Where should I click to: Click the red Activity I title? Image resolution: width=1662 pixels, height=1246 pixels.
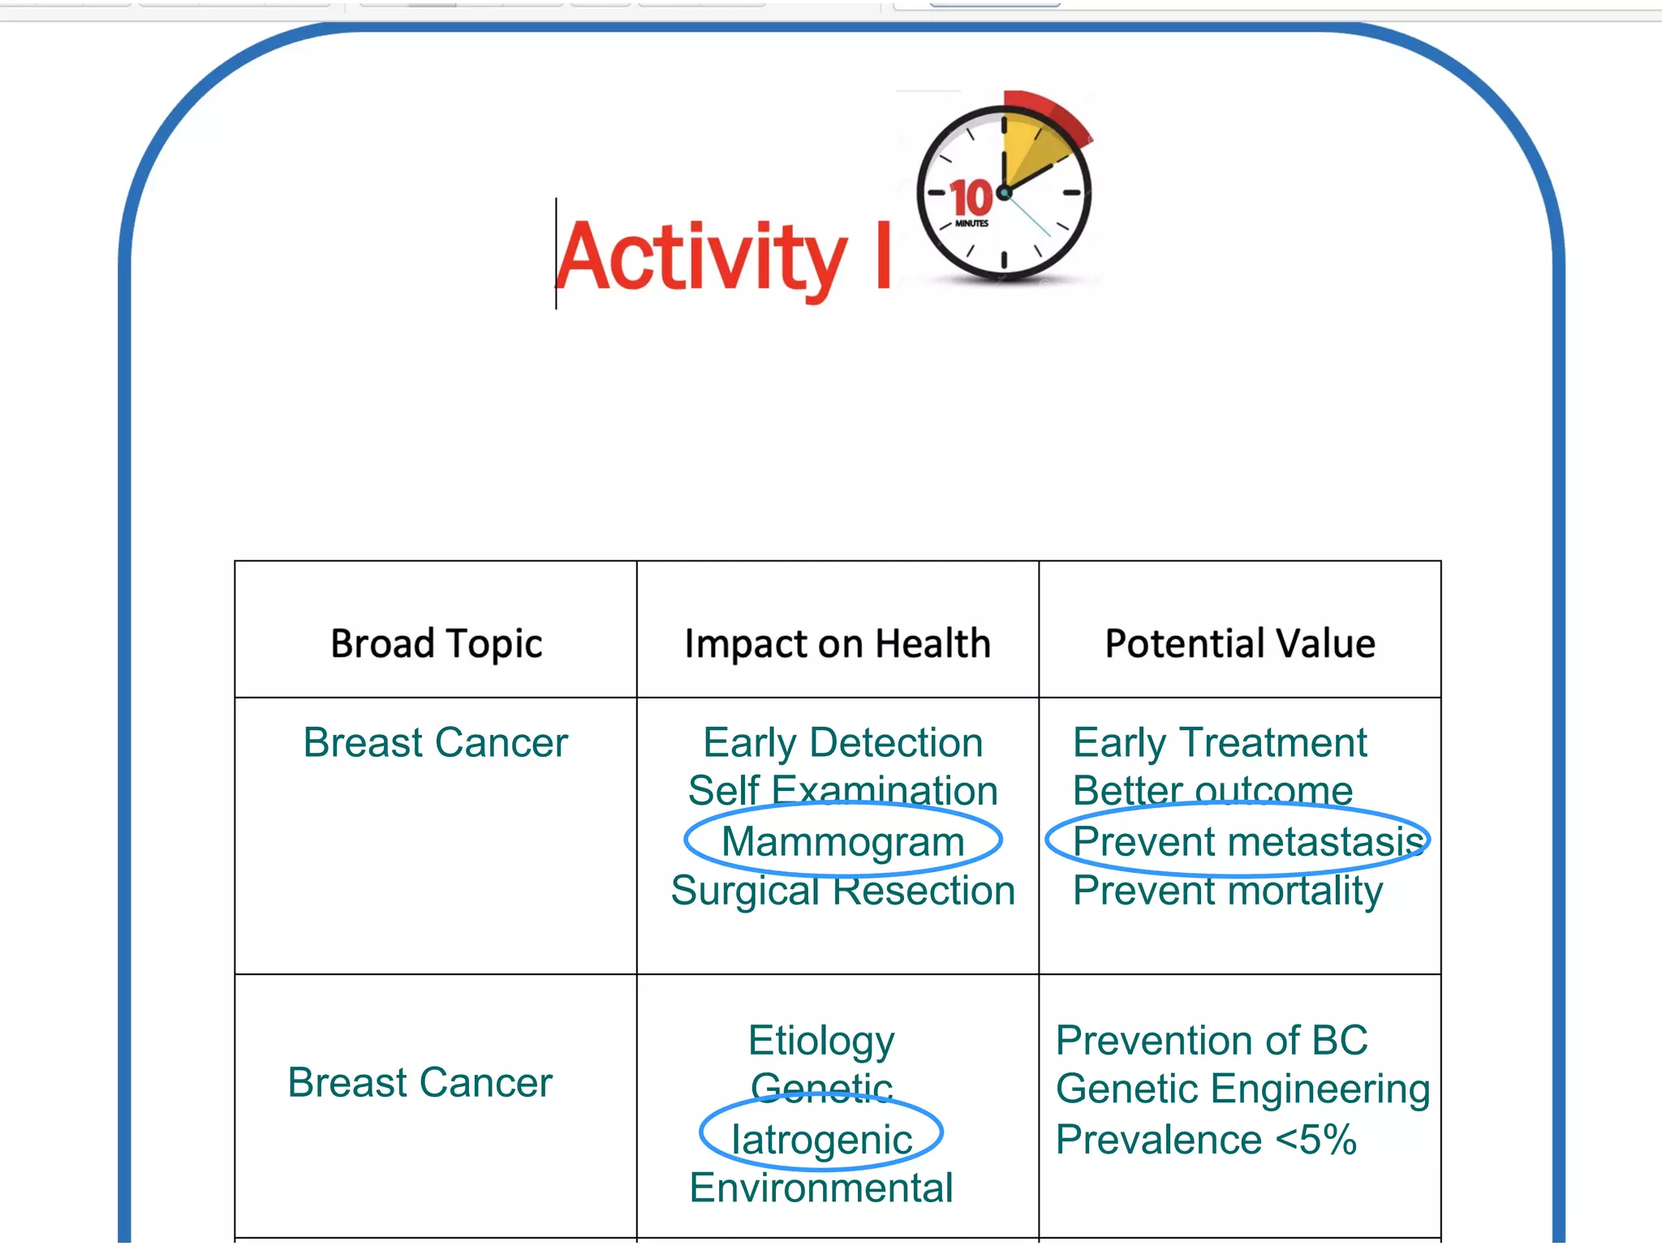[722, 256]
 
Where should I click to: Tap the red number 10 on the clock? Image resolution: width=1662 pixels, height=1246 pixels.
[971, 198]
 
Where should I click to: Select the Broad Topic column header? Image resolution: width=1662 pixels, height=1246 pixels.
[436, 643]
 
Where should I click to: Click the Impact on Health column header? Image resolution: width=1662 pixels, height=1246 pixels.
[837, 643]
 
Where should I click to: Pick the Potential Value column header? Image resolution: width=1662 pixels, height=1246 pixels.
[1240, 643]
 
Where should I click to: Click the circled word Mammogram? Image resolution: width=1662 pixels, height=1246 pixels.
[842, 841]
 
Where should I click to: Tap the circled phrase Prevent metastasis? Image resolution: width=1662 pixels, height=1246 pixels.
[1246, 841]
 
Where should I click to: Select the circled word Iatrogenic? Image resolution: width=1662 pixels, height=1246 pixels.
[821, 1139]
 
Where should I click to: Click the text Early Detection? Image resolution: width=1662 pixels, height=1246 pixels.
[842, 742]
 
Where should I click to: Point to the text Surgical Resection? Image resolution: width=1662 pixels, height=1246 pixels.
[842, 891]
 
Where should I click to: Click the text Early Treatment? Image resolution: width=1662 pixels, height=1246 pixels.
[1219, 742]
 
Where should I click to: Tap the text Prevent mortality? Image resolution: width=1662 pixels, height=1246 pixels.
[1227, 891]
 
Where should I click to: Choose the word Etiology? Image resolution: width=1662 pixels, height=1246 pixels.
[821, 1041]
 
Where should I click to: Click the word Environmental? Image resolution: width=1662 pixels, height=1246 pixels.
[821, 1188]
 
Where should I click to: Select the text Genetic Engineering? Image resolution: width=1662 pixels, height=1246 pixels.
[1242, 1089]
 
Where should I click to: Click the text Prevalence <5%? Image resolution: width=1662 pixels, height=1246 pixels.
[1206, 1139]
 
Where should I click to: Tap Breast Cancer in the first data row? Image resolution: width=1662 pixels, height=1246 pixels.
[436, 742]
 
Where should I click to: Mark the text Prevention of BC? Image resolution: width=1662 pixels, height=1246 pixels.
[1211, 1041]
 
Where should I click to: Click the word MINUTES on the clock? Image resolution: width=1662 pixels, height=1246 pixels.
[971, 223]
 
